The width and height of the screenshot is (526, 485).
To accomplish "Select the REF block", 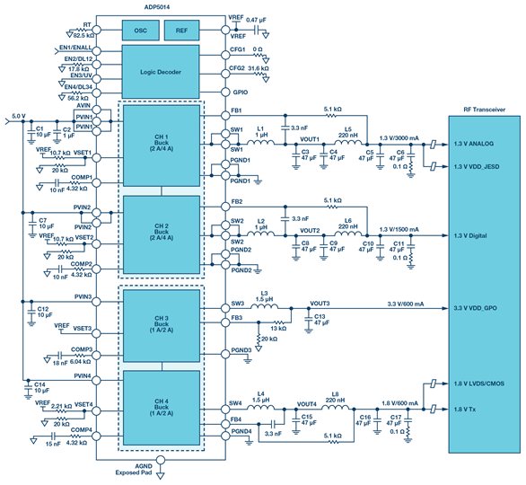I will (x=183, y=30).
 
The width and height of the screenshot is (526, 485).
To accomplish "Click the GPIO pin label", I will (x=240, y=92).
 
